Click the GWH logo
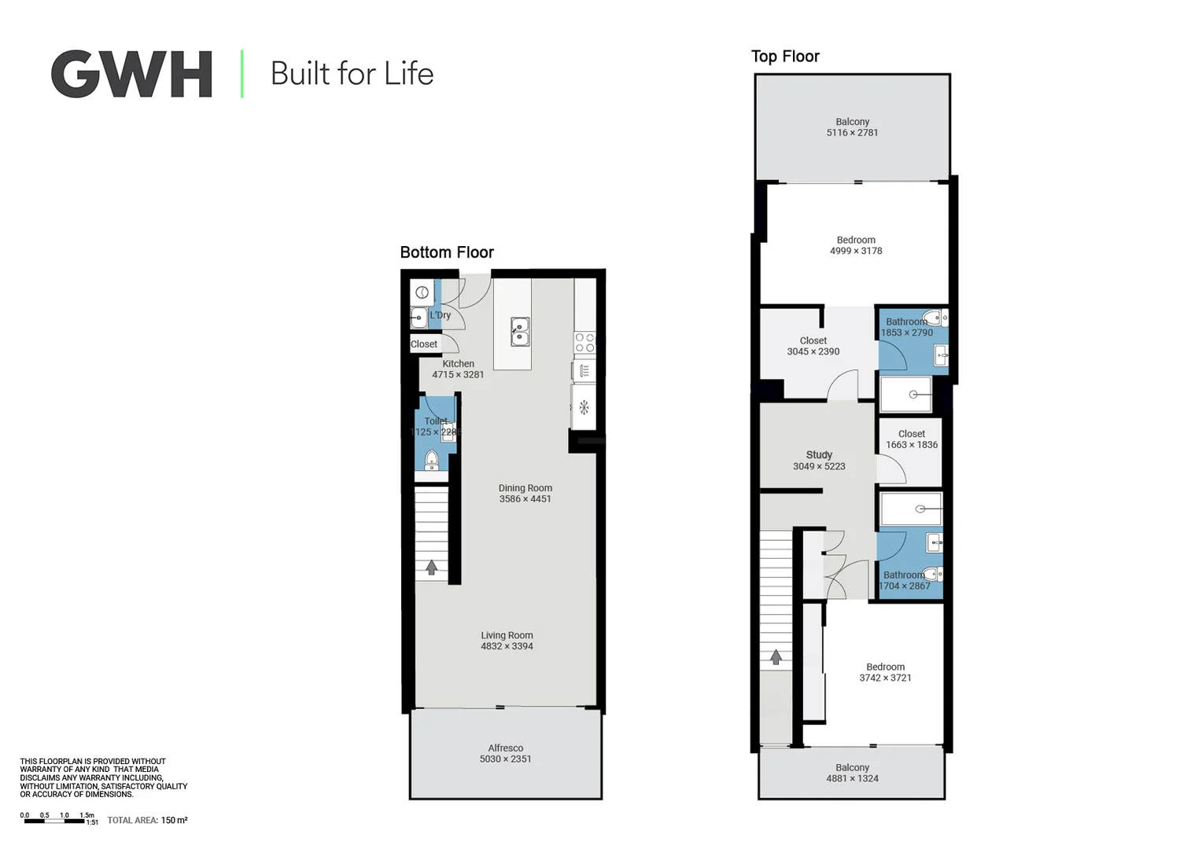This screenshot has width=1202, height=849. [x=131, y=74]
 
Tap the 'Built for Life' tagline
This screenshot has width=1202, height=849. [x=352, y=74]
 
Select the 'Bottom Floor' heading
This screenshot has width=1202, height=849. [x=447, y=252]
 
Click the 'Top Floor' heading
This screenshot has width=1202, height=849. [x=785, y=57]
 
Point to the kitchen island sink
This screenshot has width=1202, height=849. [x=520, y=332]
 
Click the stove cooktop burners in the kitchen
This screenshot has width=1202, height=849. [x=584, y=343]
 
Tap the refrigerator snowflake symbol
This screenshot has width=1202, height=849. [x=584, y=407]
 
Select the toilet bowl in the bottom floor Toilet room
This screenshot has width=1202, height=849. [x=431, y=459]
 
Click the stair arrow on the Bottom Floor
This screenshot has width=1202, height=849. [x=431, y=567]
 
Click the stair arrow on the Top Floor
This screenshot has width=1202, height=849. [x=776, y=656]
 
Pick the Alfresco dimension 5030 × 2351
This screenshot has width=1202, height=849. [x=505, y=759]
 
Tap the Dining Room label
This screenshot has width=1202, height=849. [x=525, y=488]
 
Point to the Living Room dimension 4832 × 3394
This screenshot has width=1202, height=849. [x=507, y=647]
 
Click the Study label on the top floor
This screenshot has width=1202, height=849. [x=819, y=455]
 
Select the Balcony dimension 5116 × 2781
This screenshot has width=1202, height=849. [x=852, y=133]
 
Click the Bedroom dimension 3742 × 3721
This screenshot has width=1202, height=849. [x=885, y=678]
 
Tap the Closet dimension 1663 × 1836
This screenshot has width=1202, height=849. [x=912, y=445]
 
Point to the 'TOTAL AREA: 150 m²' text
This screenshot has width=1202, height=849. [x=147, y=821]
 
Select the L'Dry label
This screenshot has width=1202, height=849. [x=441, y=315]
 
